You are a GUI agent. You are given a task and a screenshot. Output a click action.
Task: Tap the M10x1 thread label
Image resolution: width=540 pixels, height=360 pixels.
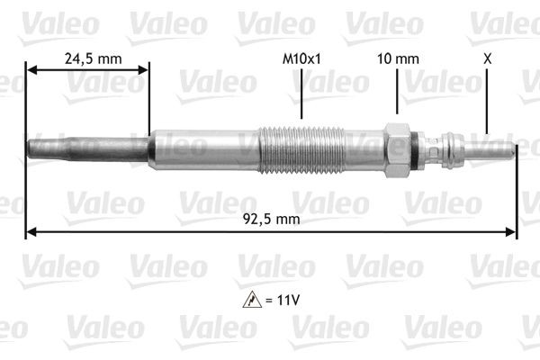tap(301, 59)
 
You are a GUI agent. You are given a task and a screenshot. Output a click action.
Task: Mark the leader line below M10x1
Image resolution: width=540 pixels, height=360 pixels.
tap(301, 94)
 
